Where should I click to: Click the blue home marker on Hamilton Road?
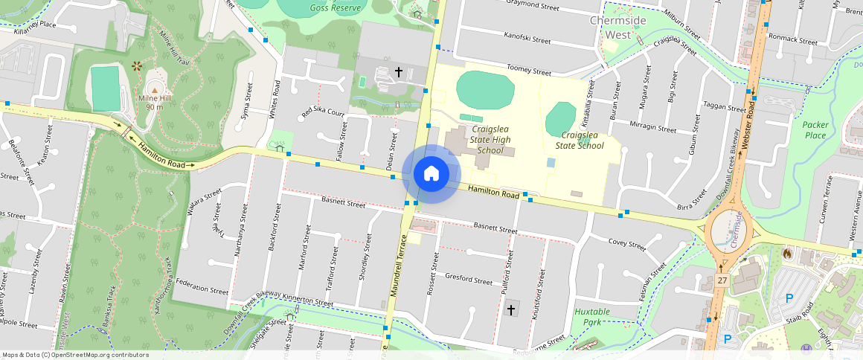(x=431, y=174)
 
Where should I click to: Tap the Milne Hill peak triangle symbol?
(x=155, y=90)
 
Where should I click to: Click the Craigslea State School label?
(x=582, y=140)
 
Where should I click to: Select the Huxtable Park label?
(x=592, y=317)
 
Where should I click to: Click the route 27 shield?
(x=722, y=280)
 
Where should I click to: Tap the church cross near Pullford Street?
(x=511, y=309)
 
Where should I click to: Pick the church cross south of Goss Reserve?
(x=399, y=72)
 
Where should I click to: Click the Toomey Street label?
(x=528, y=70)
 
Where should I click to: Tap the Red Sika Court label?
(x=323, y=113)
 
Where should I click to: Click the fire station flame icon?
(x=787, y=254)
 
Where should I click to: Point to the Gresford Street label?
(x=468, y=280)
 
